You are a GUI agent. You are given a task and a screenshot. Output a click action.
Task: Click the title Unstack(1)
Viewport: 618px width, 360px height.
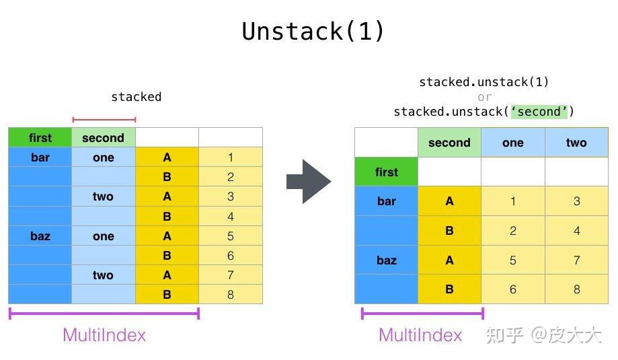tap(313, 32)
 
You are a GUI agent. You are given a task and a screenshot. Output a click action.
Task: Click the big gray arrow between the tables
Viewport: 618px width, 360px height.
tap(309, 181)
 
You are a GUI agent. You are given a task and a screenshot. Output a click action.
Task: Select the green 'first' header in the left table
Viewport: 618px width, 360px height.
tap(40, 138)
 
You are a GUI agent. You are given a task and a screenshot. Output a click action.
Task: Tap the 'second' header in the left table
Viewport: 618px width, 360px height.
tap(103, 138)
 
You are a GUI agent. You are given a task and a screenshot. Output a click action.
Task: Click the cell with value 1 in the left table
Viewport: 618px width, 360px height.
tap(231, 157)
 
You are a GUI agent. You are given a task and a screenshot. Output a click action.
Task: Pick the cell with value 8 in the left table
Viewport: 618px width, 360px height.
tap(231, 294)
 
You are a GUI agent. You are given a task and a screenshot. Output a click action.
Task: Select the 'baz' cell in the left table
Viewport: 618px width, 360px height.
tap(40, 236)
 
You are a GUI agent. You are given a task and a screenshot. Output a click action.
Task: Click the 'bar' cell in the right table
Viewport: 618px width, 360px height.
tap(386, 201)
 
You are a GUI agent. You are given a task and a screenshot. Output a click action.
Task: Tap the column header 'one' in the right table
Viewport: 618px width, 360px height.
tap(512, 143)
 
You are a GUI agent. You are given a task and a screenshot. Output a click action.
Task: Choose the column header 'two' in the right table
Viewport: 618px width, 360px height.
tap(576, 143)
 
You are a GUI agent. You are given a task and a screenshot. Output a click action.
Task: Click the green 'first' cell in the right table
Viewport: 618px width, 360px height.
tap(386, 172)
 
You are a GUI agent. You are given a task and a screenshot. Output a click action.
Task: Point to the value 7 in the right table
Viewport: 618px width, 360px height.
tap(576, 260)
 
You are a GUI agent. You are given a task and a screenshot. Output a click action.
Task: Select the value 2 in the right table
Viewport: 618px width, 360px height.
tap(512, 231)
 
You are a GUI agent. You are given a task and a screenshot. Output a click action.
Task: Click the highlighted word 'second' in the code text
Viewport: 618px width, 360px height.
tap(538, 112)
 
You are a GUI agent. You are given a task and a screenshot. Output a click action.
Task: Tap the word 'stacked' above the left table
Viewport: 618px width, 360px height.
tap(136, 97)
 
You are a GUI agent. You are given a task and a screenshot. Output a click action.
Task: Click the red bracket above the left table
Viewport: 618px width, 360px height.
tap(104, 120)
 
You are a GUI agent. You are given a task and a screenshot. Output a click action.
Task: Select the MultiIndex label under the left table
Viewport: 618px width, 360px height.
tap(104, 334)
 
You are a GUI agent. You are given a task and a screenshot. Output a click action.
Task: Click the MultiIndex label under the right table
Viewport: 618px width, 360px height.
tap(420, 334)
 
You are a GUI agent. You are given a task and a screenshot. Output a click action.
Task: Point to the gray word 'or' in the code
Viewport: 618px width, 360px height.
tap(484, 97)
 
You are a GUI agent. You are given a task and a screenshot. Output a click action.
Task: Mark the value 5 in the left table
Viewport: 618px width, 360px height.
tap(231, 236)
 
